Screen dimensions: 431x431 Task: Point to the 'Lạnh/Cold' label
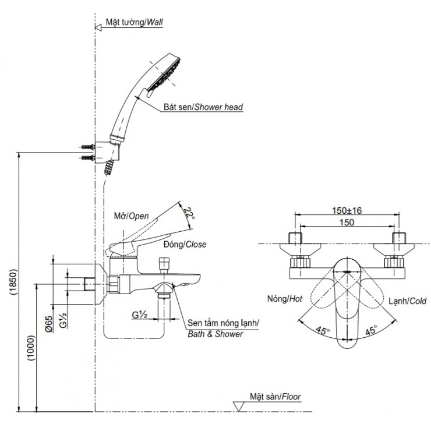[x=407, y=301]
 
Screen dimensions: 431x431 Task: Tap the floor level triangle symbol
[x=238, y=405]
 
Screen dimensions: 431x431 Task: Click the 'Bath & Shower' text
[x=216, y=334]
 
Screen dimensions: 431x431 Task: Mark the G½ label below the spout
[x=139, y=315]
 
